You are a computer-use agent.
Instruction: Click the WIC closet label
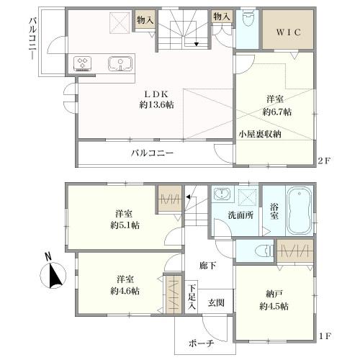point(288,32)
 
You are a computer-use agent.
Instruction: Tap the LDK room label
point(157,94)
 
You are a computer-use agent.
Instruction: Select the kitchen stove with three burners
point(83,63)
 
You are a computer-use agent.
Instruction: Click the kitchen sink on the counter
point(120,64)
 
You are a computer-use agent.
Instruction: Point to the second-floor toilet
point(247,18)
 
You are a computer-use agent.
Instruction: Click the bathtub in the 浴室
point(300,211)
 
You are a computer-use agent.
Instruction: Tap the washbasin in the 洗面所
point(222,194)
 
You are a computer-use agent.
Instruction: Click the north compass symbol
point(53,273)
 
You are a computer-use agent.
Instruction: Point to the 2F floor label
point(324,161)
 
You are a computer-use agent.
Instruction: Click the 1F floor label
point(325,336)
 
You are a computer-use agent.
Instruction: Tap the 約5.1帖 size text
point(125,225)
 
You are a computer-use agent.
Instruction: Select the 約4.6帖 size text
point(125,291)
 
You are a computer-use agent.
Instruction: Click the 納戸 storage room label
point(274,294)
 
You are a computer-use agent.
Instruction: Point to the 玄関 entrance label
point(216,302)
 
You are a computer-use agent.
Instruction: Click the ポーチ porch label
point(201,343)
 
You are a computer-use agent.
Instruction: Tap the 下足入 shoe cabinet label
point(192,297)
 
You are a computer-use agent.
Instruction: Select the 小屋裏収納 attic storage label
point(260,134)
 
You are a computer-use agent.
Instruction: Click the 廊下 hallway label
point(207,266)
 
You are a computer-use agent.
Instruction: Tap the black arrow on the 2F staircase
point(197,44)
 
